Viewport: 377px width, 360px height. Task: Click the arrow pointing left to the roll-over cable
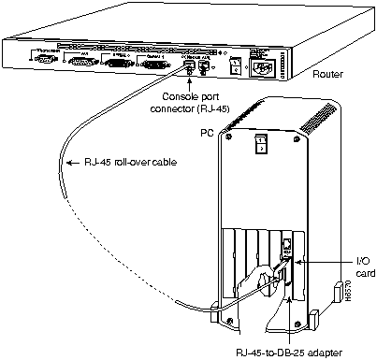coord(67,164)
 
